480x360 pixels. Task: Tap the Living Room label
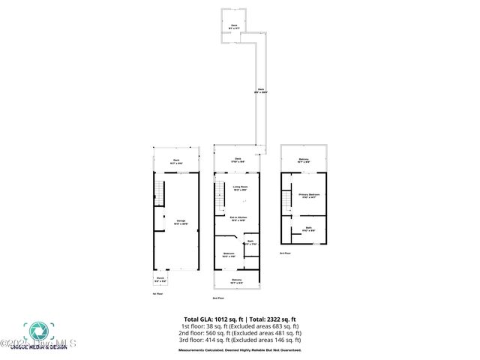click(x=239, y=188)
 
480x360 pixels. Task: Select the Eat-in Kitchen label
click(x=239, y=219)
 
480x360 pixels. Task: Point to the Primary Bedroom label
click(x=309, y=196)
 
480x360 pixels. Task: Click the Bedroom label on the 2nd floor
click(x=228, y=255)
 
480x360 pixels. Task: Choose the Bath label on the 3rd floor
click(x=307, y=229)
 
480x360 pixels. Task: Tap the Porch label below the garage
click(x=159, y=280)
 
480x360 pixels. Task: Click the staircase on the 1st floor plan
click(x=158, y=193)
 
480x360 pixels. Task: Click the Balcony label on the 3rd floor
click(x=303, y=160)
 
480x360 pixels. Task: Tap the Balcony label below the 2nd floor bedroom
click(x=236, y=280)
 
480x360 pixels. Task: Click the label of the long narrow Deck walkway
click(x=261, y=91)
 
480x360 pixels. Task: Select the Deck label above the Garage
click(x=176, y=160)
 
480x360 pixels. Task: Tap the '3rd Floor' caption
click(x=284, y=253)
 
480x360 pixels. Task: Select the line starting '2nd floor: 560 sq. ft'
click(x=240, y=334)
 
